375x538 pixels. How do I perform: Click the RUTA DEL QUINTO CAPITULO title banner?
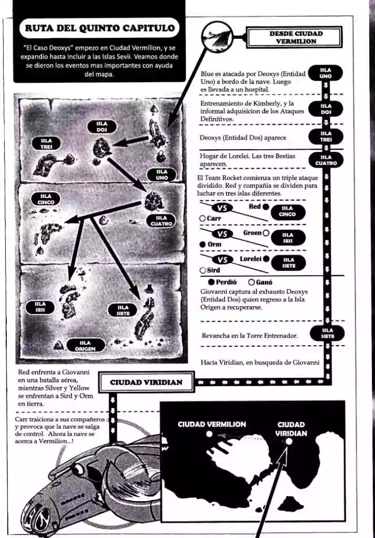(99, 28)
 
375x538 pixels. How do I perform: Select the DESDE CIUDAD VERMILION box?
(295, 37)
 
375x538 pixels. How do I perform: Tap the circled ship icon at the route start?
(217, 35)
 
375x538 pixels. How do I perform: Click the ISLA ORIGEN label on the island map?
(85, 346)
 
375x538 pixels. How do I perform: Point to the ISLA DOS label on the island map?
(102, 127)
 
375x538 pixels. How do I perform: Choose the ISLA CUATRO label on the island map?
(161, 221)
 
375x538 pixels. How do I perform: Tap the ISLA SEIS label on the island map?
(40, 307)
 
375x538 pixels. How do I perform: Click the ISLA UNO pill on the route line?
(325, 73)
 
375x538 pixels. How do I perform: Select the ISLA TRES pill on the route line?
(326, 136)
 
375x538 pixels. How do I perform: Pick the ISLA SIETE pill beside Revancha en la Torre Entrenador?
(327, 333)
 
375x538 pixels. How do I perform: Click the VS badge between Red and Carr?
(222, 208)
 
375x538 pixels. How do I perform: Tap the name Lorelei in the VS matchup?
(251, 259)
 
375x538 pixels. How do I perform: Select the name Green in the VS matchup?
(253, 233)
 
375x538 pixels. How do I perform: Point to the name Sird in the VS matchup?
(213, 271)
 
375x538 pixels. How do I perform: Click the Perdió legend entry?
(222, 282)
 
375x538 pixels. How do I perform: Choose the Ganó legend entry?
(261, 282)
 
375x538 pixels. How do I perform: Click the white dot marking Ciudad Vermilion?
(209, 433)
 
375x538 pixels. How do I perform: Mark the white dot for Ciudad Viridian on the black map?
(289, 441)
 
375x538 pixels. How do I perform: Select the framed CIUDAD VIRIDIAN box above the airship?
(147, 382)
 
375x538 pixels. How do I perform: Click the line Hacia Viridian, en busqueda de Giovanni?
(260, 363)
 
